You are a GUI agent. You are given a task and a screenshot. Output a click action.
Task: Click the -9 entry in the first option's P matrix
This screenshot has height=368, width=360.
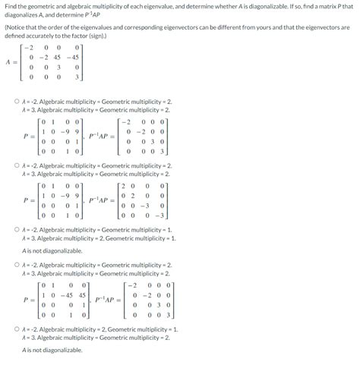(65, 130)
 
